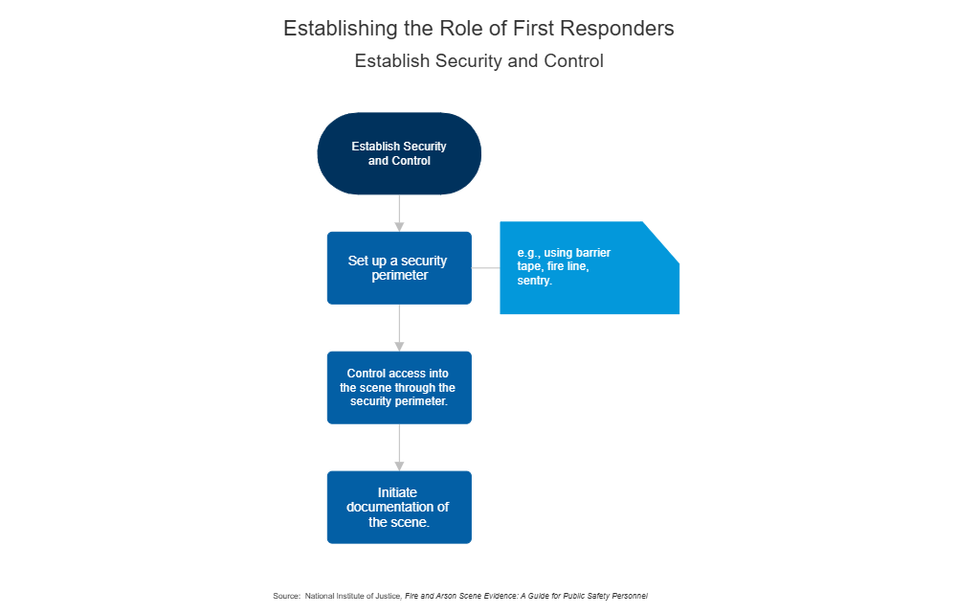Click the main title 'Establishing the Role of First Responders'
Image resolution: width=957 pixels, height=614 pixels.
pos(478,29)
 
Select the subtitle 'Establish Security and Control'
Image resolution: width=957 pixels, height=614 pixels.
pos(478,61)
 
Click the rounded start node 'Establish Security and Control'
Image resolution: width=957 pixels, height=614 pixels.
pos(399,153)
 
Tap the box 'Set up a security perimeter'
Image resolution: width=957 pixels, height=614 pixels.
pos(399,267)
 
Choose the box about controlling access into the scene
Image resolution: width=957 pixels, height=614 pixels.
pos(399,387)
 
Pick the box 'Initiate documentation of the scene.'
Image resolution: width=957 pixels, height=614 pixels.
pos(399,507)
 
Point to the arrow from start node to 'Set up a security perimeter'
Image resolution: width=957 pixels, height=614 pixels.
pos(399,213)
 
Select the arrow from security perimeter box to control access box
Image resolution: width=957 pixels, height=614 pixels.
pos(399,328)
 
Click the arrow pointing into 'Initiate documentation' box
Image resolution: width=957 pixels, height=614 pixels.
pos(399,447)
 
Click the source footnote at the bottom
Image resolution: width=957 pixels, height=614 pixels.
pos(460,596)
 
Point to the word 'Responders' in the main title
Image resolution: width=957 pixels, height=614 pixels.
pos(623,29)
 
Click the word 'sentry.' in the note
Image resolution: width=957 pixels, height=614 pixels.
pos(535,282)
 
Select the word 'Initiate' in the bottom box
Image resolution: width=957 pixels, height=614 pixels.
pos(397,492)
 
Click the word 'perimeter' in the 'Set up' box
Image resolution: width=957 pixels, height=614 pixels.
pos(399,275)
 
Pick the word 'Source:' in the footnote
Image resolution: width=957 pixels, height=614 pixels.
pos(286,596)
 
